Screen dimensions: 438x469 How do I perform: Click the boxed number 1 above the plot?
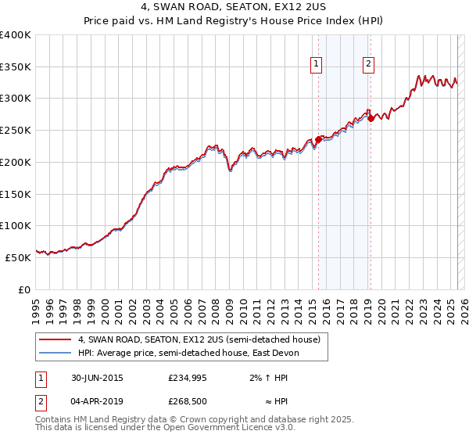click(317, 65)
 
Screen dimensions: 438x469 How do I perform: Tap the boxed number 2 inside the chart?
click(368, 65)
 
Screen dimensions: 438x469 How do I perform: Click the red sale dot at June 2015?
click(319, 140)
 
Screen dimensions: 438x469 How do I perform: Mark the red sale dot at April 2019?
click(371, 119)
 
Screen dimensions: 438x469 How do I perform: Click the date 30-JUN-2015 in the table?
click(97, 379)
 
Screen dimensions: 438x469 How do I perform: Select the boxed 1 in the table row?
click(40, 379)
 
